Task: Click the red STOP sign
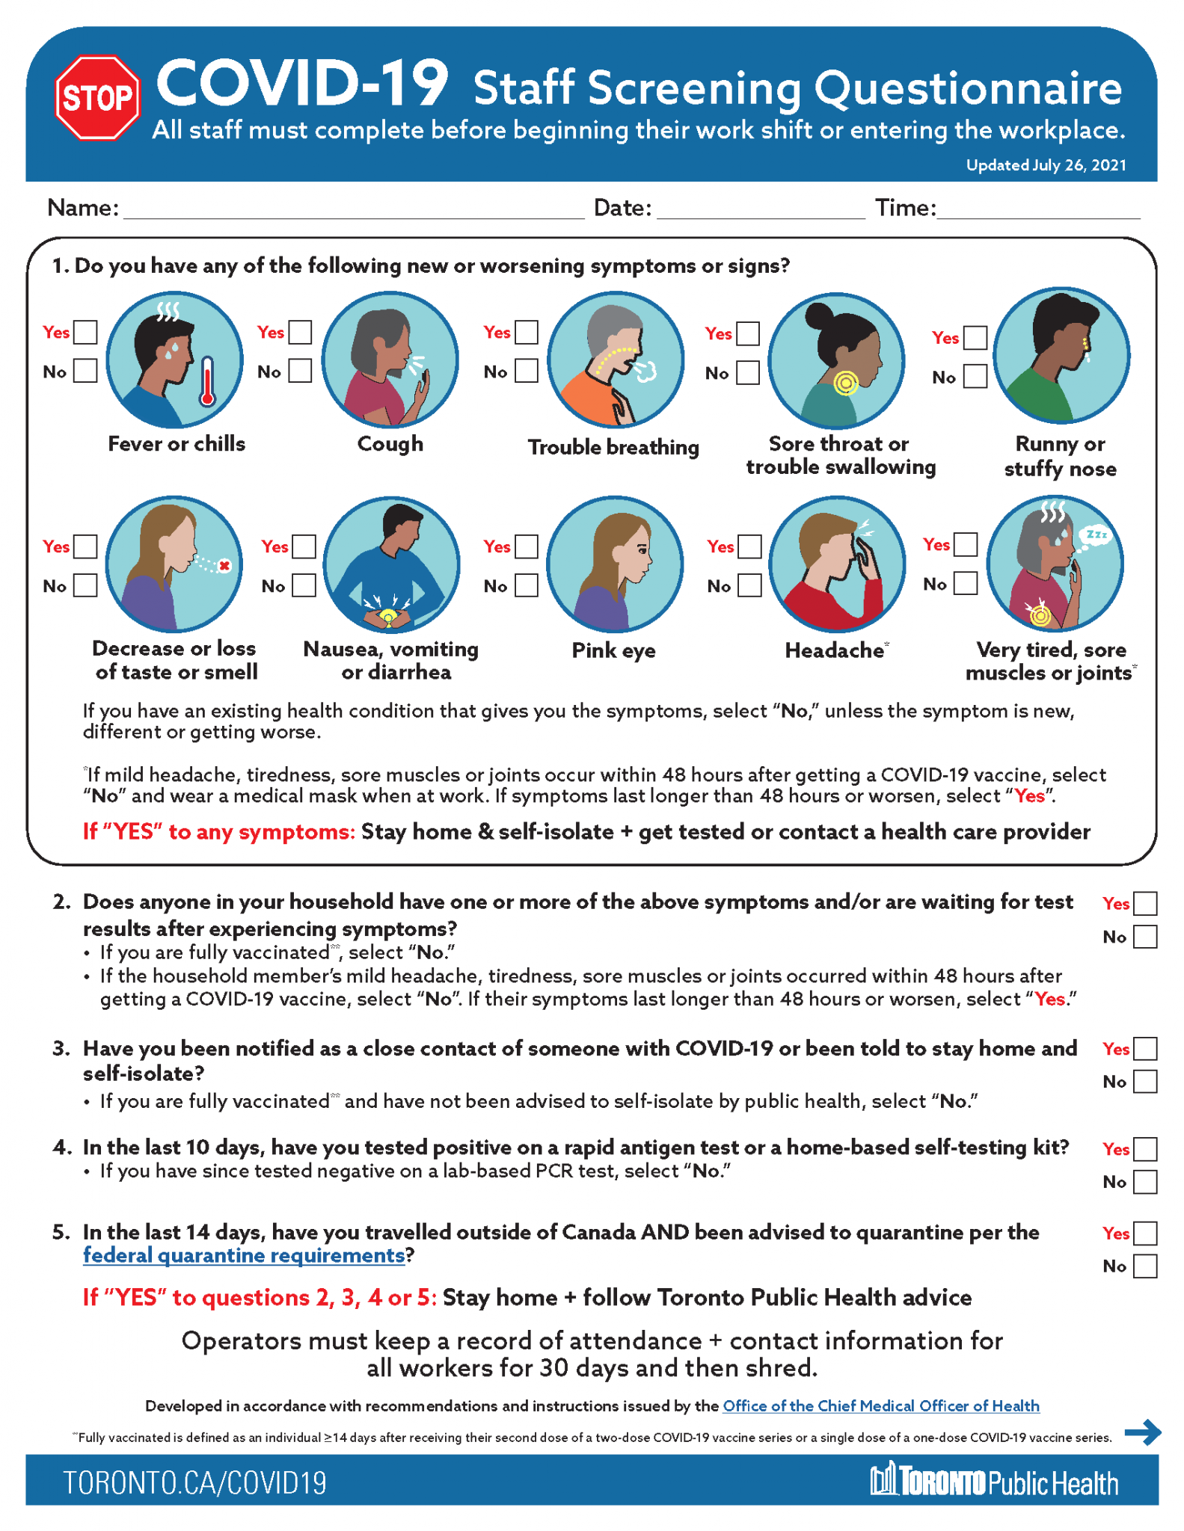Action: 97,98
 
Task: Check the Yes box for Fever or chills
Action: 86,332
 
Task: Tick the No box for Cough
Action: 300,371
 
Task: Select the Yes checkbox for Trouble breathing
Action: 527,332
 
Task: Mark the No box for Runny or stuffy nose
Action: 975,376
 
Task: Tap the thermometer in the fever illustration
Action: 207,381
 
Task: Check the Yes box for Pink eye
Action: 527,546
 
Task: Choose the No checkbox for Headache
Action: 749,585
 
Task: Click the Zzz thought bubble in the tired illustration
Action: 1096,535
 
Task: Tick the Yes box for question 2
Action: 1145,904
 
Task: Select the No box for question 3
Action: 1145,1081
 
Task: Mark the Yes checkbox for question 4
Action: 1145,1148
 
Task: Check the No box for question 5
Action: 1145,1266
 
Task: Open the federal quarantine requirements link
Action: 244,1255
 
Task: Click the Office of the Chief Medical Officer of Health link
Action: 880,1405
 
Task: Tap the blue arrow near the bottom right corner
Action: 1142,1432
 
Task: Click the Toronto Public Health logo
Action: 994,1481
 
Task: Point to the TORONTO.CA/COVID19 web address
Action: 194,1482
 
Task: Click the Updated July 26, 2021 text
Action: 1046,165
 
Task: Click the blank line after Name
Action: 353,210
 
